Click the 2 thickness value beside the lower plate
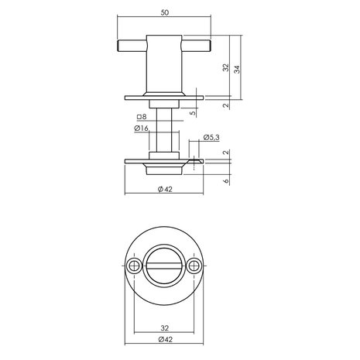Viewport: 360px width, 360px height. [x=225, y=153]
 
